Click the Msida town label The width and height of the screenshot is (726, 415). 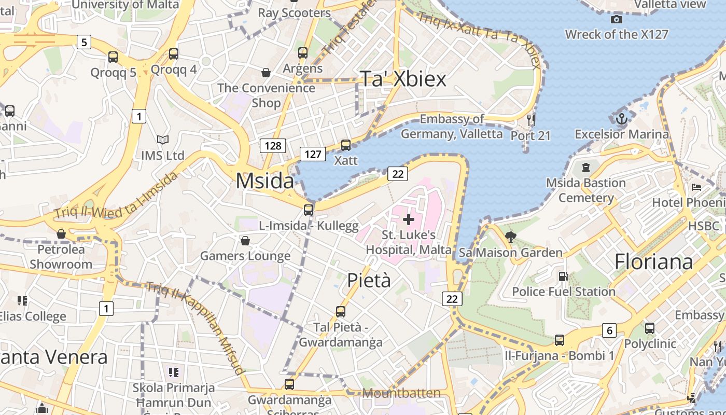264,181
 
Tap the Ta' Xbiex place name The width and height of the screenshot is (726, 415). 403,79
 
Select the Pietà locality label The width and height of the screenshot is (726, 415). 369,280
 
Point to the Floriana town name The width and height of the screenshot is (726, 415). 653,261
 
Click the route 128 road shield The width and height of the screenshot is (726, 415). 273,146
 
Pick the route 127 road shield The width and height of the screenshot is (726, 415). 313,154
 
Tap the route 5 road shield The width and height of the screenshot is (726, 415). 84,42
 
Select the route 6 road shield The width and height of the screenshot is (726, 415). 609,330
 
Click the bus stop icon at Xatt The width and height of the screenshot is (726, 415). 346,145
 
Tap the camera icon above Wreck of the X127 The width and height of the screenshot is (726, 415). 617,20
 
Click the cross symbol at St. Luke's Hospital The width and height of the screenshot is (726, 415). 409,219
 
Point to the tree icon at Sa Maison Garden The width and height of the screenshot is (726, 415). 510,237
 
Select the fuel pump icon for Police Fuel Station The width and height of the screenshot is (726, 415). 563,276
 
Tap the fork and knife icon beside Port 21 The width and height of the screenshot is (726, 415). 530,120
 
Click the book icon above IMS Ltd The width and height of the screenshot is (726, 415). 163,140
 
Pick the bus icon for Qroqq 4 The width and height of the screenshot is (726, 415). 174,54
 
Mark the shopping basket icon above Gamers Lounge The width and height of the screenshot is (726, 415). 245,241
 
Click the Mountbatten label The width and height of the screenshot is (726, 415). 401,393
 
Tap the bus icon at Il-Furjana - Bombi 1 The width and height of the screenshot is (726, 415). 559,340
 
